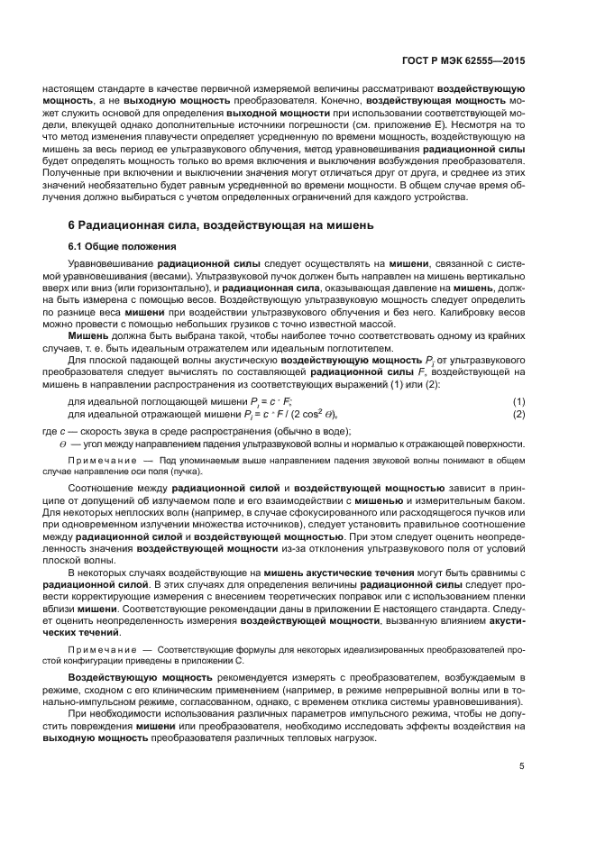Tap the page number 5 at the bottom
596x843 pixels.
pyautogui.click(x=522, y=766)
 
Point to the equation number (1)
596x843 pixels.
pyautogui.click(x=518, y=400)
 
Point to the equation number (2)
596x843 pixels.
pyautogui.click(x=518, y=413)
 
